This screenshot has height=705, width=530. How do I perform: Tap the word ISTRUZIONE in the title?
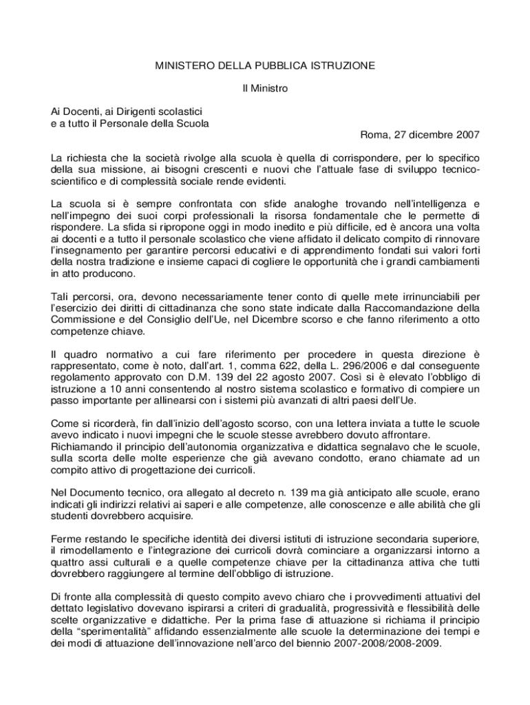tap(342, 66)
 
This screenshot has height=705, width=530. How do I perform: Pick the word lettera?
tap(337, 424)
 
